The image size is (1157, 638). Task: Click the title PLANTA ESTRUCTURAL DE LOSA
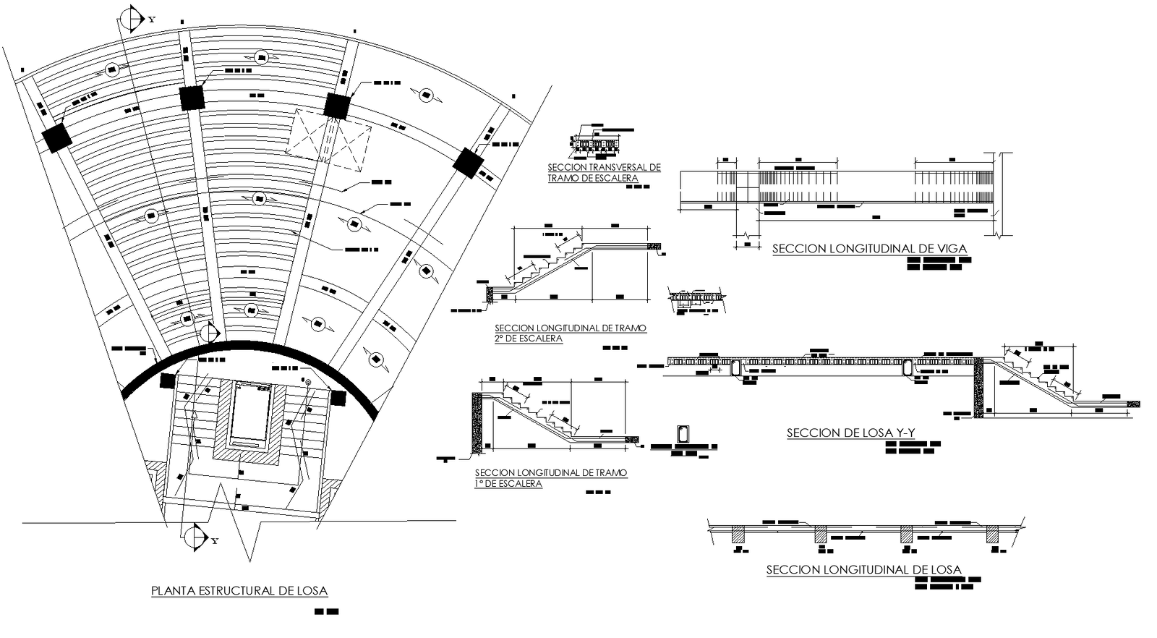[239, 591]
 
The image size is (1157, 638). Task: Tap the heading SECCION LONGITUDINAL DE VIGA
[869, 249]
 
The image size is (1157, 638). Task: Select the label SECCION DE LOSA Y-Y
[850, 433]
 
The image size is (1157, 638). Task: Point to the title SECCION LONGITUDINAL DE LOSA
[863, 570]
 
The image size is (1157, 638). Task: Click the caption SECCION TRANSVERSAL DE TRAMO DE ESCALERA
[604, 172]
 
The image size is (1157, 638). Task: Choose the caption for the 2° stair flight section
[570, 333]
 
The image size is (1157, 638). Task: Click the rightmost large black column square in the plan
[468, 162]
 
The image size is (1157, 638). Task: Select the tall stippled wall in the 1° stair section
[477, 422]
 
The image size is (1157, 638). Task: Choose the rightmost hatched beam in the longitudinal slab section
[992, 535]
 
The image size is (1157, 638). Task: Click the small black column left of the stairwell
[167, 380]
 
